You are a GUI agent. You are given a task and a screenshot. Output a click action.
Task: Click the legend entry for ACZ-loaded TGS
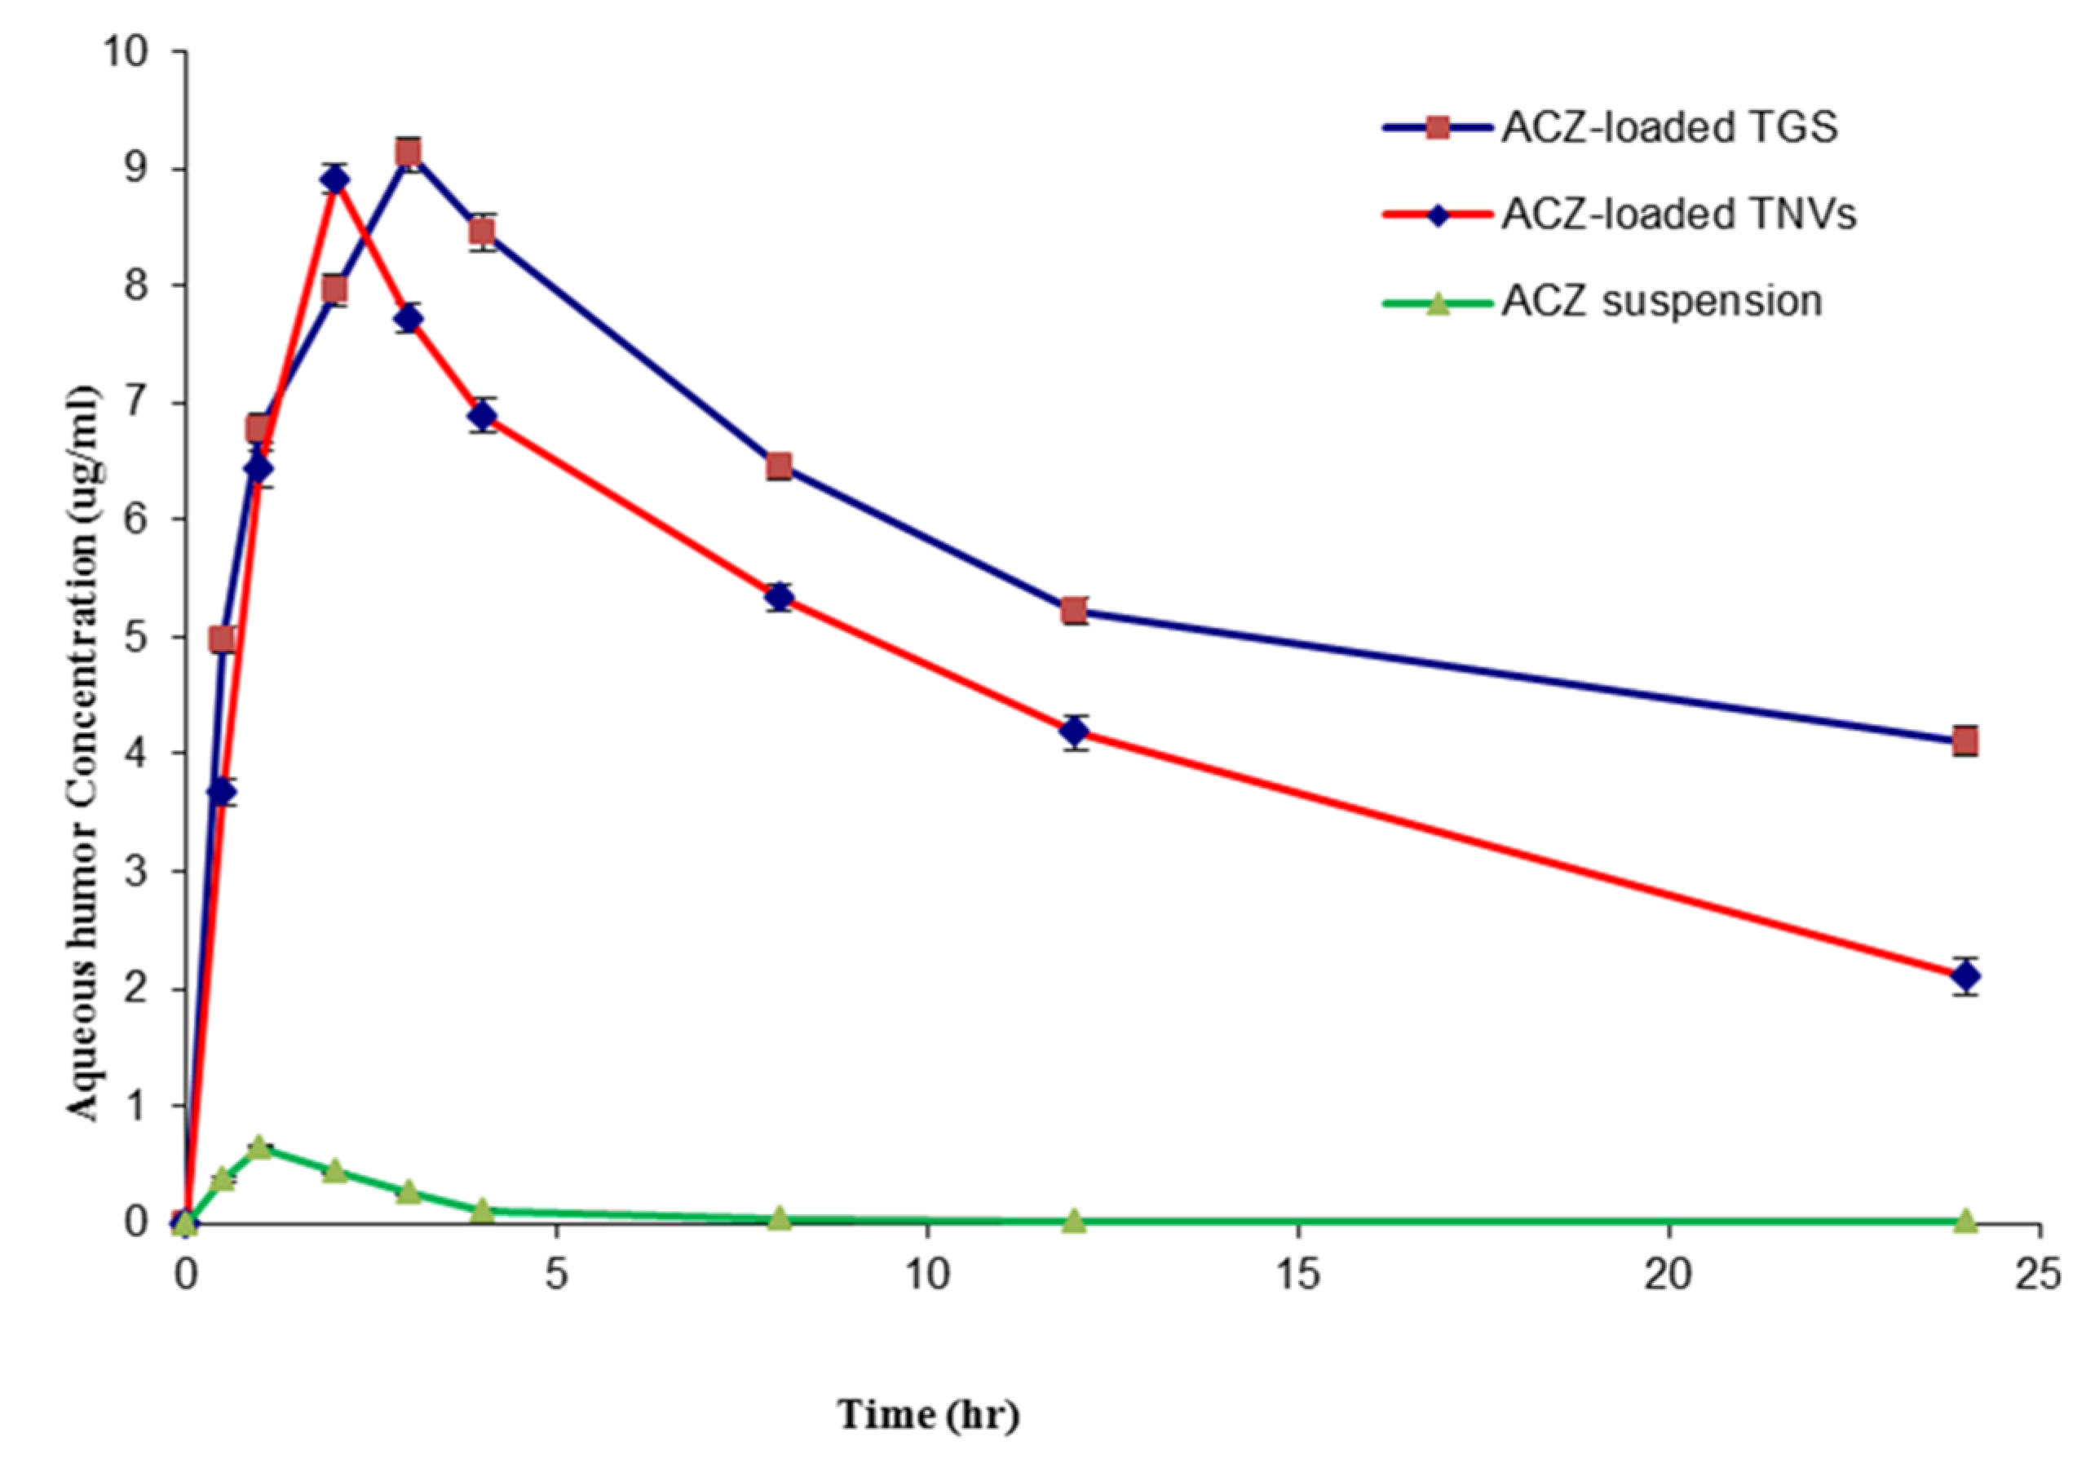coord(1669,127)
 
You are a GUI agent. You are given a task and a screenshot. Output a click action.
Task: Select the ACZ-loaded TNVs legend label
coord(1678,214)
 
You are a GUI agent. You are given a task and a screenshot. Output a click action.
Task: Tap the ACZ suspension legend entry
coord(1661,301)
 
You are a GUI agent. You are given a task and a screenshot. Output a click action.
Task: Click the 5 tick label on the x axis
coord(556,1275)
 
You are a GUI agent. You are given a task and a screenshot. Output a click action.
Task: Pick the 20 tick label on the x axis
coord(1669,1275)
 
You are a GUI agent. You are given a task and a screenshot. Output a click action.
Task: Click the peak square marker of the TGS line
coord(409,152)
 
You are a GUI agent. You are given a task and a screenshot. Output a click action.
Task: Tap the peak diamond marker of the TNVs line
coord(334,180)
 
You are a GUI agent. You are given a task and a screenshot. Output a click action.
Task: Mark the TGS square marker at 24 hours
coord(1966,741)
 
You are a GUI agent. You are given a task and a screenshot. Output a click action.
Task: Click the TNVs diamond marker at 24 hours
coord(1966,977)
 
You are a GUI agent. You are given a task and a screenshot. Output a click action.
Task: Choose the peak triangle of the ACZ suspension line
coord(260,1147)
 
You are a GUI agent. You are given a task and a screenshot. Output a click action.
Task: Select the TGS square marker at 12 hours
coord(1075,611)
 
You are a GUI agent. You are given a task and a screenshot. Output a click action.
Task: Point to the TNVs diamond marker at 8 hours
coord(779,597)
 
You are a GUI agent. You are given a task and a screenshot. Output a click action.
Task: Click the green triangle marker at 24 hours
coord(1966,1219)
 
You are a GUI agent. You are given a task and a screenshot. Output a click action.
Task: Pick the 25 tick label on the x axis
coord(2038,1275)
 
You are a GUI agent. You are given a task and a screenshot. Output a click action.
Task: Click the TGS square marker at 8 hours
coord(779,467)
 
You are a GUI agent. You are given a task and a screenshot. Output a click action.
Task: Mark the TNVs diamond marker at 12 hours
coord(1075,731)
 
